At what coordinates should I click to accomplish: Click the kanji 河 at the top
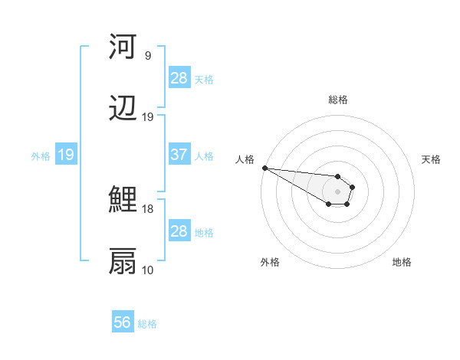point(123,47)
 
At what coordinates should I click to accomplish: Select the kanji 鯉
point(123,201)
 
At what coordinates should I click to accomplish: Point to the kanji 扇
point(123,261)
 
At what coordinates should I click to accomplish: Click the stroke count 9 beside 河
point(147,56)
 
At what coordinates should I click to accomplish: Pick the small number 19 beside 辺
point(147,117)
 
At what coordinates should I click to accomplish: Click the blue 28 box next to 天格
point(179,78)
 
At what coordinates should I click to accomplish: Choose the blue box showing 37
point(179,155)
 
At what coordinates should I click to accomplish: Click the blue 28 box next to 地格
point(179,231)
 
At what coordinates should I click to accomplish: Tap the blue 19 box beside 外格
point(65,155)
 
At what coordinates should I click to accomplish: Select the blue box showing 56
point(123,322)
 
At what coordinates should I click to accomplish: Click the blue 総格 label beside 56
point(147,324)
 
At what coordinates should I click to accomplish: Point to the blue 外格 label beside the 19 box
point(41,155)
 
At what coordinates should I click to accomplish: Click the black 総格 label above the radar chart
point(338,100)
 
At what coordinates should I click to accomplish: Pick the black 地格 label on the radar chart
point(402,262)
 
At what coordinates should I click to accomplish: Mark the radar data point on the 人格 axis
point(264,168)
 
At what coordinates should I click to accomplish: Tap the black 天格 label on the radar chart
point(432,159)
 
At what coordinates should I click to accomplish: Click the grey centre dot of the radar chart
point(337,191)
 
